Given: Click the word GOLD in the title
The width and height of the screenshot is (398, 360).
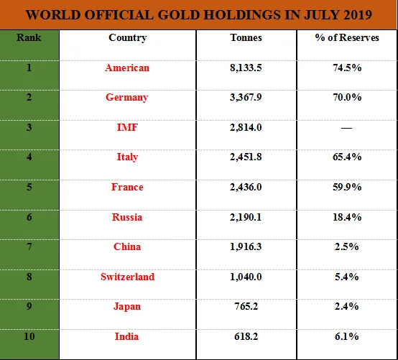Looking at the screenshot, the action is click(178, 14).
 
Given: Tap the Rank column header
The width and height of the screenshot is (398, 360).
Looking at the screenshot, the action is click(29, 37).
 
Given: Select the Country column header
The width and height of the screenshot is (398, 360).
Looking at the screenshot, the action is click(128, 38).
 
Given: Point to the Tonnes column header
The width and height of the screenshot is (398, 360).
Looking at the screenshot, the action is click(246, 37).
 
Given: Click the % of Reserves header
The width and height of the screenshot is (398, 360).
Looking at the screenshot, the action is click(347, 37).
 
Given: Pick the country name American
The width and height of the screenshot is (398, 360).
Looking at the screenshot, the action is click(127, 68).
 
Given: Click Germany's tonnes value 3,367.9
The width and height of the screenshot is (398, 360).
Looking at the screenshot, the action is click(246, 97).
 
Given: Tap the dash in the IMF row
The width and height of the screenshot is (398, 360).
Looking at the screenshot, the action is click(346, 128).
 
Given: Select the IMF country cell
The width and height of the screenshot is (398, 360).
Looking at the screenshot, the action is click(127, 127).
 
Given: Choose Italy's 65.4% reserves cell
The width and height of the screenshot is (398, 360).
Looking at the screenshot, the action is click(347, 157).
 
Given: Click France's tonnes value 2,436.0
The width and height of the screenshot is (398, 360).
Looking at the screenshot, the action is click(246, 187).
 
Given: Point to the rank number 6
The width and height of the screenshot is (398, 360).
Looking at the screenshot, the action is click(29, 217).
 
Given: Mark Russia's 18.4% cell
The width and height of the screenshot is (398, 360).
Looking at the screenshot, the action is click(347, 217).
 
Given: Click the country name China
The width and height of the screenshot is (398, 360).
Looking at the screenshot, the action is click(127, 246).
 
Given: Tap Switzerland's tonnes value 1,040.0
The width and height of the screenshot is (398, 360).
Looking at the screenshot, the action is click(246, 277).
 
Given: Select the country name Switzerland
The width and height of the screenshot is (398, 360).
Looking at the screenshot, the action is click(127, 277).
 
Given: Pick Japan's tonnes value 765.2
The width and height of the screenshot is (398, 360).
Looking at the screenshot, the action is click(246, 306).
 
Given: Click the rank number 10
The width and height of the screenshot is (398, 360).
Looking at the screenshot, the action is click(29, 336).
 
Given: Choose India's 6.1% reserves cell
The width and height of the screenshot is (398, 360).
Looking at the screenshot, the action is click(347, 336).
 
